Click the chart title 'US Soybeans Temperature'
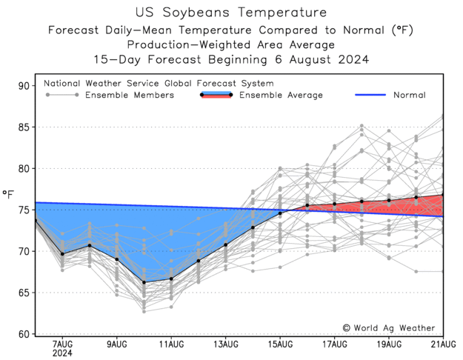[231, 13]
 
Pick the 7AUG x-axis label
[62, 344]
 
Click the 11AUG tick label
[171, 344]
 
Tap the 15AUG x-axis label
[280, 344]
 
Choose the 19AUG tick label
[389, 344]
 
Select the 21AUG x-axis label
[442, 344]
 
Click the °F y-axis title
[8, 194]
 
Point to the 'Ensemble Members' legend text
[130, 95]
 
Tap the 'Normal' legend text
[409, 95]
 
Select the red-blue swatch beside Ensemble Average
[216, 95]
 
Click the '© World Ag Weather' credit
[388, 327]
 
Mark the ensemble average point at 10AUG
[144, 282]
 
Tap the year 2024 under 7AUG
[62, 353]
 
